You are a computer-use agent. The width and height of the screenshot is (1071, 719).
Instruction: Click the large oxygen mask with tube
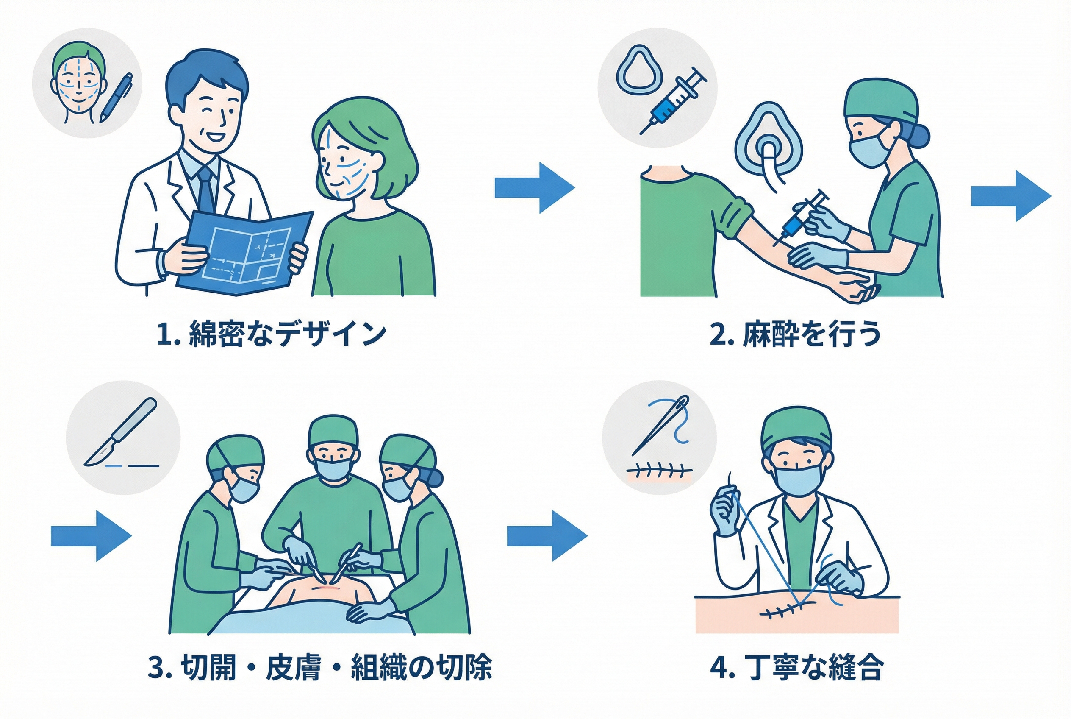point(768,142)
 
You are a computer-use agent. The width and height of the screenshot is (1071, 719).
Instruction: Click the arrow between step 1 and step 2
point(534,187)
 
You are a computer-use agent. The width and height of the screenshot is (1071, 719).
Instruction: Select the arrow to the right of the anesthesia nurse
point(1011,196)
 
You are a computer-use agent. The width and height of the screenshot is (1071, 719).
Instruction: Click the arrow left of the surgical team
point(91,536)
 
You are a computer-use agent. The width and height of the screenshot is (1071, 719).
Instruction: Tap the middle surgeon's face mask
point(333,470)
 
